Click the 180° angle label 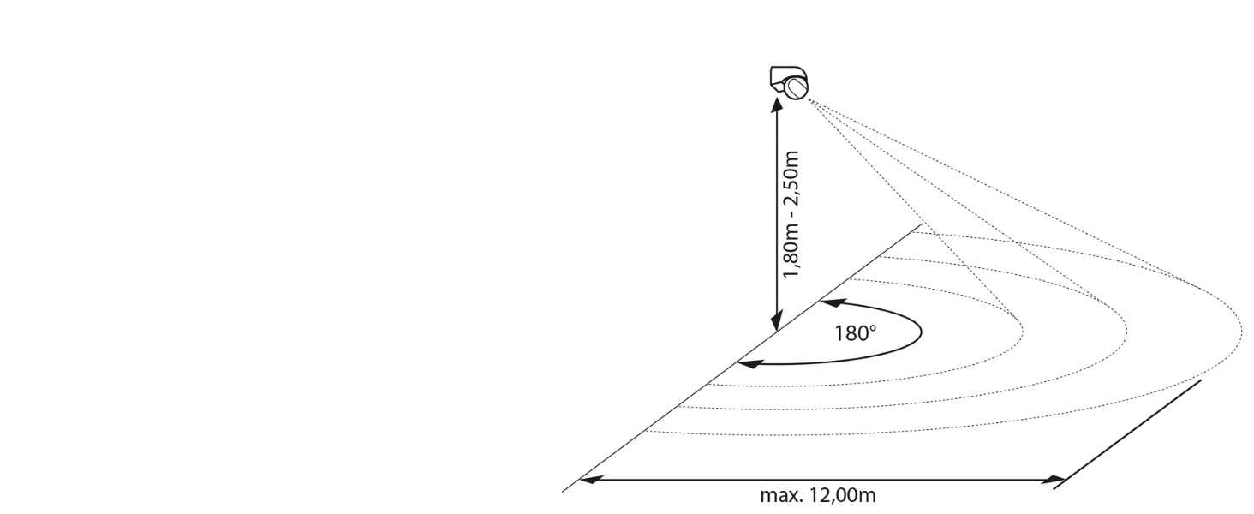pos(856,332)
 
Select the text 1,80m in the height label pos(792,249)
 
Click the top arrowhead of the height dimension pos(777,104)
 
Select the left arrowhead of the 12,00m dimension pos(589,479)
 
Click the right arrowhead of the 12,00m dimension pos(1059,479)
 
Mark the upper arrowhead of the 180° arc pos(829,302)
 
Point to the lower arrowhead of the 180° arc pos(747,365)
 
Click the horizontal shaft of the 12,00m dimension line pos(822,479)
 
